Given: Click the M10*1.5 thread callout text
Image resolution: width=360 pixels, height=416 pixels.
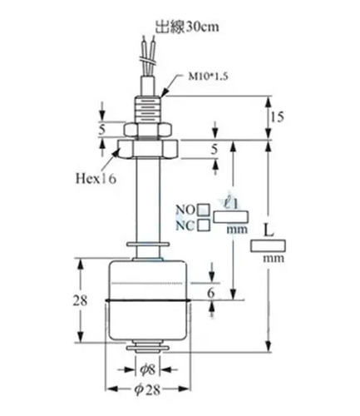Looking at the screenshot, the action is [208, 77].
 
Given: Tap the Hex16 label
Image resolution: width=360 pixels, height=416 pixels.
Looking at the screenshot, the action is [96, 179].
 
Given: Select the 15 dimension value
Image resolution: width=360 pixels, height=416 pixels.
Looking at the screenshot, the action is [278, 117].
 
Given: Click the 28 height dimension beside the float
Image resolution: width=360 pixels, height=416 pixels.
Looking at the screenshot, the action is [80, 300].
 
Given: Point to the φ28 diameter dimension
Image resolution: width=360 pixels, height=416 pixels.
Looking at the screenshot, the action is [147, 389].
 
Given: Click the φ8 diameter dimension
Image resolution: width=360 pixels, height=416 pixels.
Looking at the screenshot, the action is [147, 369].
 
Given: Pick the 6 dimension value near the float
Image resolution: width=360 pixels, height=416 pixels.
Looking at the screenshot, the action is [211, 293].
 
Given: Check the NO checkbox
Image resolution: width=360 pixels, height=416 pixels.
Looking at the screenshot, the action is [204, 210].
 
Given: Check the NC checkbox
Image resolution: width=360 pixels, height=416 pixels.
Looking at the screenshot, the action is [204, 225].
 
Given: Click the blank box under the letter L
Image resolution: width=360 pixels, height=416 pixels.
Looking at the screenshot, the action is [268, 246].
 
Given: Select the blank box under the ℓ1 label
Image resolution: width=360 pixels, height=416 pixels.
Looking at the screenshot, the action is [230, 216].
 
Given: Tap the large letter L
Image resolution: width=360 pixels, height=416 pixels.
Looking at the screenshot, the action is [268, 230].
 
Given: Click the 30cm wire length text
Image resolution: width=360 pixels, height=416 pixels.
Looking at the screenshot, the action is [201, 27].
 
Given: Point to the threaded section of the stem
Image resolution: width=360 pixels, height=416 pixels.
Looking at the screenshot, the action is [148, 110].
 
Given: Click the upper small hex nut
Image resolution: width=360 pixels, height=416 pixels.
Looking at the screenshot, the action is [148, 130].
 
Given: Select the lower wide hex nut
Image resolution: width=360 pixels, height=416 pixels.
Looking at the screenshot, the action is [148, 148].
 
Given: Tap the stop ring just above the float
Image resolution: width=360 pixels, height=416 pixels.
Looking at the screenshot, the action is [148, 245].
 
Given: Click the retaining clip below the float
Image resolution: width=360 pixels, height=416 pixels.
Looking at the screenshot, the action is [148, 348].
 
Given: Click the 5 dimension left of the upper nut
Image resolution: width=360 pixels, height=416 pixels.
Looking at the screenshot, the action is [102, 130].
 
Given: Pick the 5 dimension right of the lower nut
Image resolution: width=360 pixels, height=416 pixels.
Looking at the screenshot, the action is [215, 150].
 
